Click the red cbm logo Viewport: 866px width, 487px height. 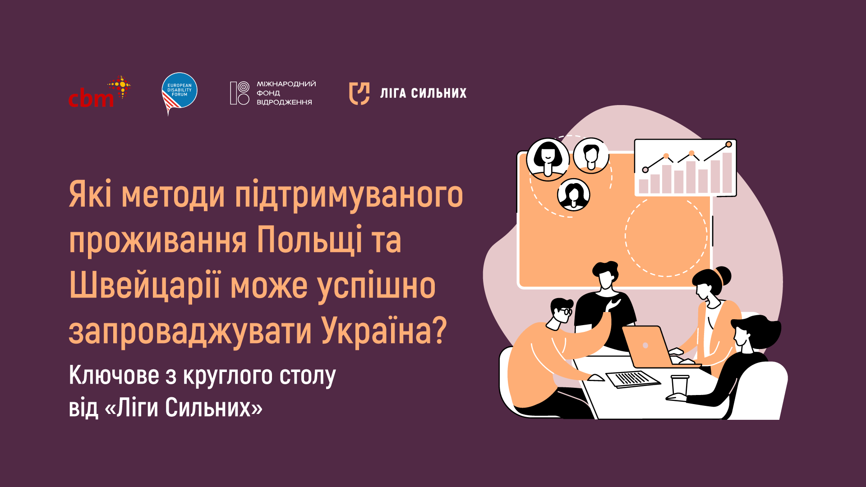pyautogui.click(x=99, y=92)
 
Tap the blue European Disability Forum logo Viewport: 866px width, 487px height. pyautogui.click(x=180, y=92)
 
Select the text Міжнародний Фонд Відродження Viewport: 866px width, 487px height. pyautogui.click(x=286, y=93)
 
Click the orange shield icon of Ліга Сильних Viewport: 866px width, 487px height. pyautogui.click(x=359, y=93)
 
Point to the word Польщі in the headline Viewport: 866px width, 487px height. pyautogui.click(x=310, y=240)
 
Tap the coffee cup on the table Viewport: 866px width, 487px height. pyautogui.click(x=679, y=386)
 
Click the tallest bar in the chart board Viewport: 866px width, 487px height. pyautogui.click(x=727, y=173)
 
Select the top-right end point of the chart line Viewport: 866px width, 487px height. pyautogui.click(x=728, y=144)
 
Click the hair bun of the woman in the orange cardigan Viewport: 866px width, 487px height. pyautogui.click(x=723, y=275)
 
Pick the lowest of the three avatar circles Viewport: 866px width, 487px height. pyautogui.click(x=574, y=195)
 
